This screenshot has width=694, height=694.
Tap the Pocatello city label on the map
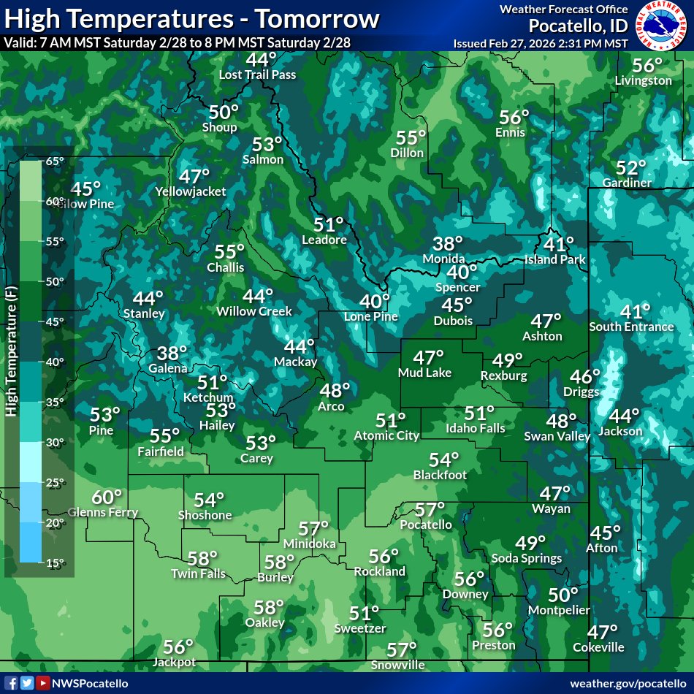(426, 525)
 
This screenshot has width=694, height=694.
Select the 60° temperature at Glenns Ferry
(107, 497)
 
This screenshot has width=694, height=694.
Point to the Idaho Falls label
(475, 428)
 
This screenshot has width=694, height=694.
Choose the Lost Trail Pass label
(258, 75)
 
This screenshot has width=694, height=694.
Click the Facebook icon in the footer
(12, 683)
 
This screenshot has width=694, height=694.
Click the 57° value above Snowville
(402, 649)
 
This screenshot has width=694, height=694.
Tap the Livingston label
(643, 80)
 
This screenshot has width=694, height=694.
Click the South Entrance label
(631, 327)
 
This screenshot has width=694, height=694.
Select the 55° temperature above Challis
(229, 252)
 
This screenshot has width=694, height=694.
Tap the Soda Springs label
(528, 558)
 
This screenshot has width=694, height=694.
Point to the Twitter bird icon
(27, 683)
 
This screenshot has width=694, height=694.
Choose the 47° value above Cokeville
(603, 632)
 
